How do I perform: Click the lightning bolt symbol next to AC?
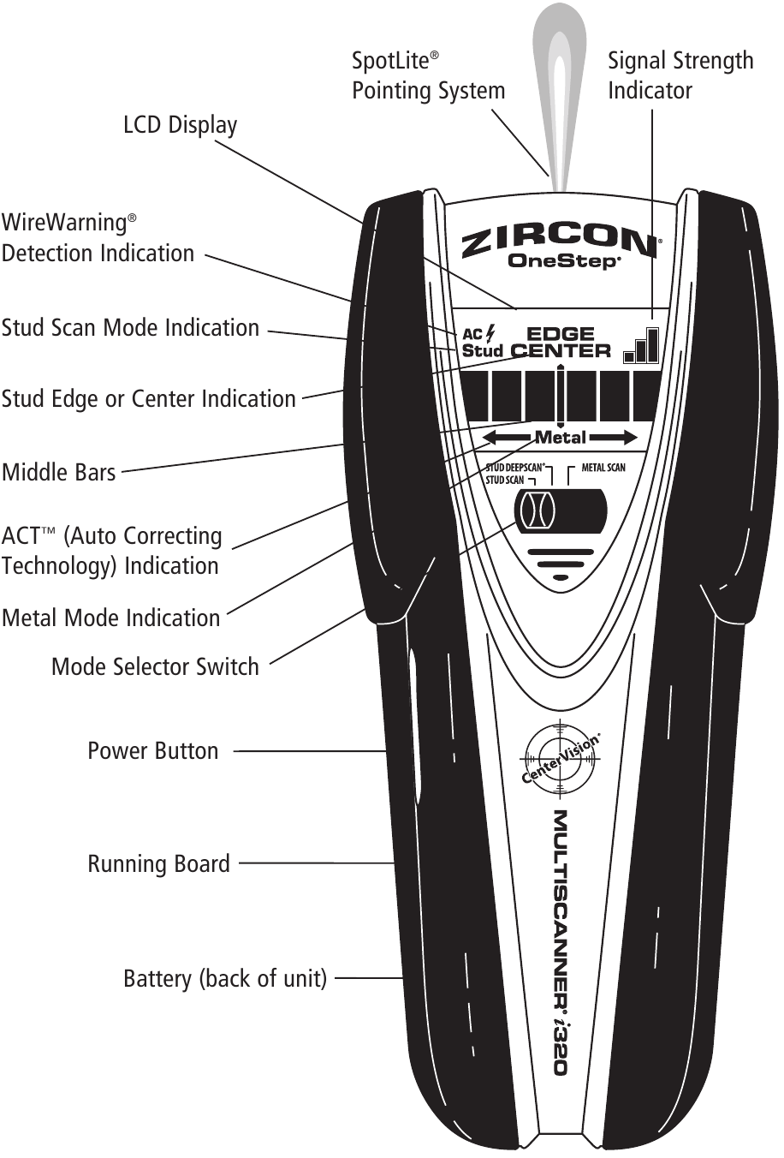pos(490,332)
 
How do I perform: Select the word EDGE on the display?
pos(560,334)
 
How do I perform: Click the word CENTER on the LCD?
pos(561,350)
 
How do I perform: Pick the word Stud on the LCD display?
pos(482,350)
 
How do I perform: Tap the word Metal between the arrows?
pos(561,438)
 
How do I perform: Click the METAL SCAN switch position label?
pos(603,468)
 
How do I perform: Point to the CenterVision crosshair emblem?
pos(557,759)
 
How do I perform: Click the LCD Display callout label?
pos(180,125)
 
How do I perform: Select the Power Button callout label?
pos(153,751)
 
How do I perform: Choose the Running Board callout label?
pos(158,863)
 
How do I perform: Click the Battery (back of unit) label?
pos(225,978)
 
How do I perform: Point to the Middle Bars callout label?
pos(58,473)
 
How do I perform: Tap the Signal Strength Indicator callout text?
pos(680,75)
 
